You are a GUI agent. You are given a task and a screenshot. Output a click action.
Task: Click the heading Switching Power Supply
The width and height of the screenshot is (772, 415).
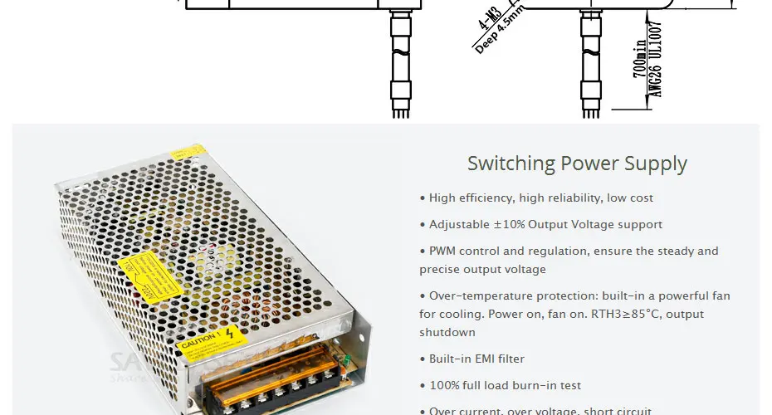[577, 163]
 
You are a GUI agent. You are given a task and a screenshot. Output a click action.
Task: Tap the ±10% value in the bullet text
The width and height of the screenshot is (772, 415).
[510, 224]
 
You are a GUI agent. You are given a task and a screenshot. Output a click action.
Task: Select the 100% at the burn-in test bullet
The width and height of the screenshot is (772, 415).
[445, 385]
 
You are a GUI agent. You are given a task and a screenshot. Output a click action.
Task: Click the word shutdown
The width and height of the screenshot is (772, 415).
[447, 332]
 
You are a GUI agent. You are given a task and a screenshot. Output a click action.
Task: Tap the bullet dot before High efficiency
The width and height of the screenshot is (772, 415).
[423, 198]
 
